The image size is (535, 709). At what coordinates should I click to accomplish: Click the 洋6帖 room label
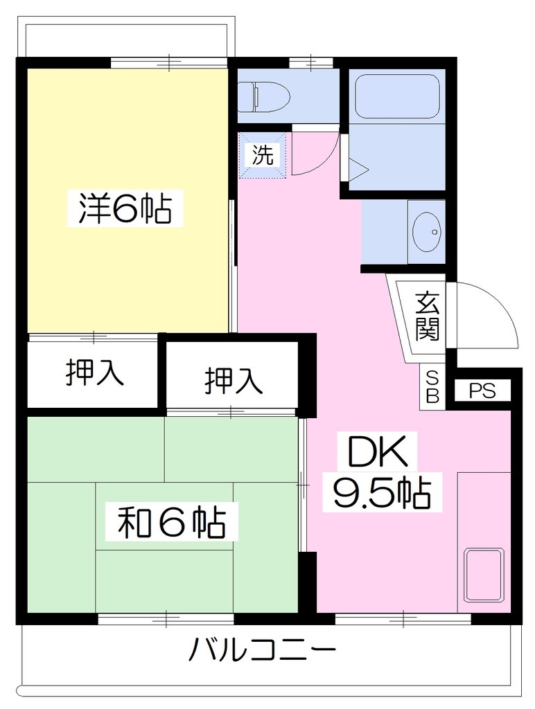125,208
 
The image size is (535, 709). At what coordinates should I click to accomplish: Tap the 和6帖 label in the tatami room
172,522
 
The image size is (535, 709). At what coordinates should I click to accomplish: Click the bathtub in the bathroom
398,96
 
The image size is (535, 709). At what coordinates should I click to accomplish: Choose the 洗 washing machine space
263,154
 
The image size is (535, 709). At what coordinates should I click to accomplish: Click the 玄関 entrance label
428,316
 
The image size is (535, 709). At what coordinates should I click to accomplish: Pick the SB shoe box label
432,386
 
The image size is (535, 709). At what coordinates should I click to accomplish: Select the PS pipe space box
482,391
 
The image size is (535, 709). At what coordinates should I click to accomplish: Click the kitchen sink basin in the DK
485,575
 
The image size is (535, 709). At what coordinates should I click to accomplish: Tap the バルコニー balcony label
263,649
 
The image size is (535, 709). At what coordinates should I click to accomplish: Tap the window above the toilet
310,62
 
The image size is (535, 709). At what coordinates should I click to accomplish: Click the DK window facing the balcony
403,618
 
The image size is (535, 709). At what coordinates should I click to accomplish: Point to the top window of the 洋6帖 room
168,62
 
